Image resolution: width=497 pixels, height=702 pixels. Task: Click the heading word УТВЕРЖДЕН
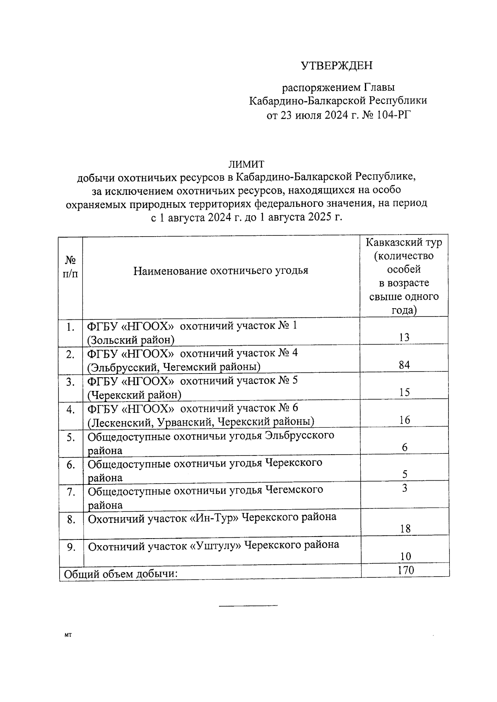(x=336, y=66)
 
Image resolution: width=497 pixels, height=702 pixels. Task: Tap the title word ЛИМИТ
(x=246, y=164)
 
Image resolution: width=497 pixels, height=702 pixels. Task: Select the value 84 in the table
(x=404, y=365)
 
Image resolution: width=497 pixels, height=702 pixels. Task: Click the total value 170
(x=405, y=570)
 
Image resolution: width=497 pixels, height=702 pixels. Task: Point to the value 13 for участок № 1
(x=404, y=337)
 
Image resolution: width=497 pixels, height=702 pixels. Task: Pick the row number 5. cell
(x=71, y=437)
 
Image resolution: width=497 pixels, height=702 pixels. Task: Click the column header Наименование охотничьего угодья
(x=221, y=271)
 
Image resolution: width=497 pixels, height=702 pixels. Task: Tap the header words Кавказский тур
(x=404, y=242)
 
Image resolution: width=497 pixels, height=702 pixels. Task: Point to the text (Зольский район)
(x=131, y=340)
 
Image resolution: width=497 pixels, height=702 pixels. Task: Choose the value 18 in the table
(x=405, y=529)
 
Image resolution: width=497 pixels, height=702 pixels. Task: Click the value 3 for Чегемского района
(x=405, y=489)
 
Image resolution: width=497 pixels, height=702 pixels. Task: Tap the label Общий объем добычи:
(x=120, y=575)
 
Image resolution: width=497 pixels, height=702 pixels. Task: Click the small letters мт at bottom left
(x=68, y=635)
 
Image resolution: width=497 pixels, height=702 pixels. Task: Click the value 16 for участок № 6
(x=405, y=420)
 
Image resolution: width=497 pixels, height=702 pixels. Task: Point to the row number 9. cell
(x=71, y=547)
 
